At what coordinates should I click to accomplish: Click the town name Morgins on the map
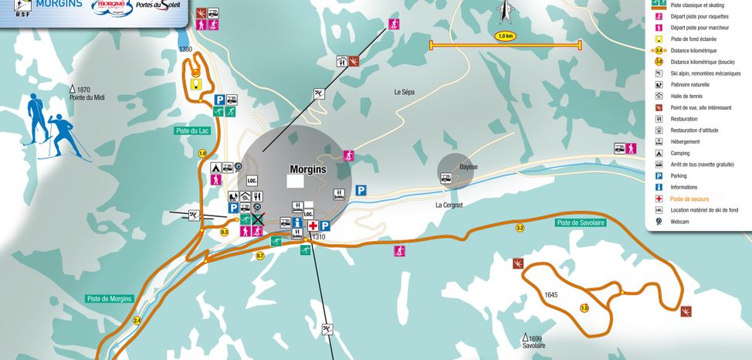(308, 168)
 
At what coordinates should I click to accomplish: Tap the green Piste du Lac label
(192, 131)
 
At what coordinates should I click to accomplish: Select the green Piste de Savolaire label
(579, 222)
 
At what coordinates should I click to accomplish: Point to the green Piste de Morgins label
(110, 298)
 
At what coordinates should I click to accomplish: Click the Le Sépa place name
(404, 92)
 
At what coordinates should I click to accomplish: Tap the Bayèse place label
(469, 167)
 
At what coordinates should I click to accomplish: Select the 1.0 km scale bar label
(506, 36)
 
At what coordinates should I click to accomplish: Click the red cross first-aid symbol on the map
(313, 226)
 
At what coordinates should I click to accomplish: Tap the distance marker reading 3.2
(520, 228)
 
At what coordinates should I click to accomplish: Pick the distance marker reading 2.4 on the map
(137, 320)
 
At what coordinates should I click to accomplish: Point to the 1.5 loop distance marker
(584, 308)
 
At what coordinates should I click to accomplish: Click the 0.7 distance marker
(260, 256)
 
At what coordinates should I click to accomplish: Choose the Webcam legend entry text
(680, 222)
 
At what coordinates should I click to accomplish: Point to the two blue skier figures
(47, 127)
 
